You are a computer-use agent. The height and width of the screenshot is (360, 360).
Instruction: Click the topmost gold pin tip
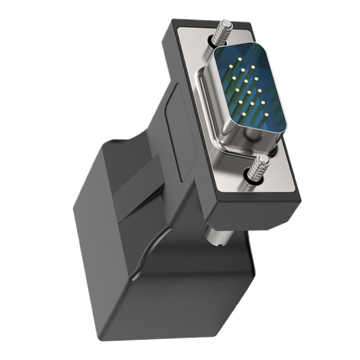coord(239,59)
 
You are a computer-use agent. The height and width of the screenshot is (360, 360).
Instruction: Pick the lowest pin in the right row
coord(266,115)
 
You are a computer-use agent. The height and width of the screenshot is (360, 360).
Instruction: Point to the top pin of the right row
coord(253,67)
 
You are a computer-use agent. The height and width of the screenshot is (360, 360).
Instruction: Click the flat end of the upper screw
coord(227,24)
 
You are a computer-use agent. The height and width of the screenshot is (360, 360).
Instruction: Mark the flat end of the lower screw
coord(264,159)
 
